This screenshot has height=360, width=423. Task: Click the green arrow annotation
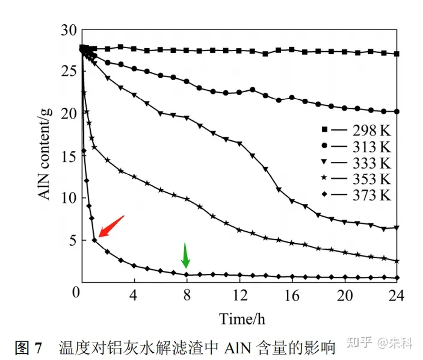point(186,255)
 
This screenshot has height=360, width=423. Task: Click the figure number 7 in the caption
point(38,347)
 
